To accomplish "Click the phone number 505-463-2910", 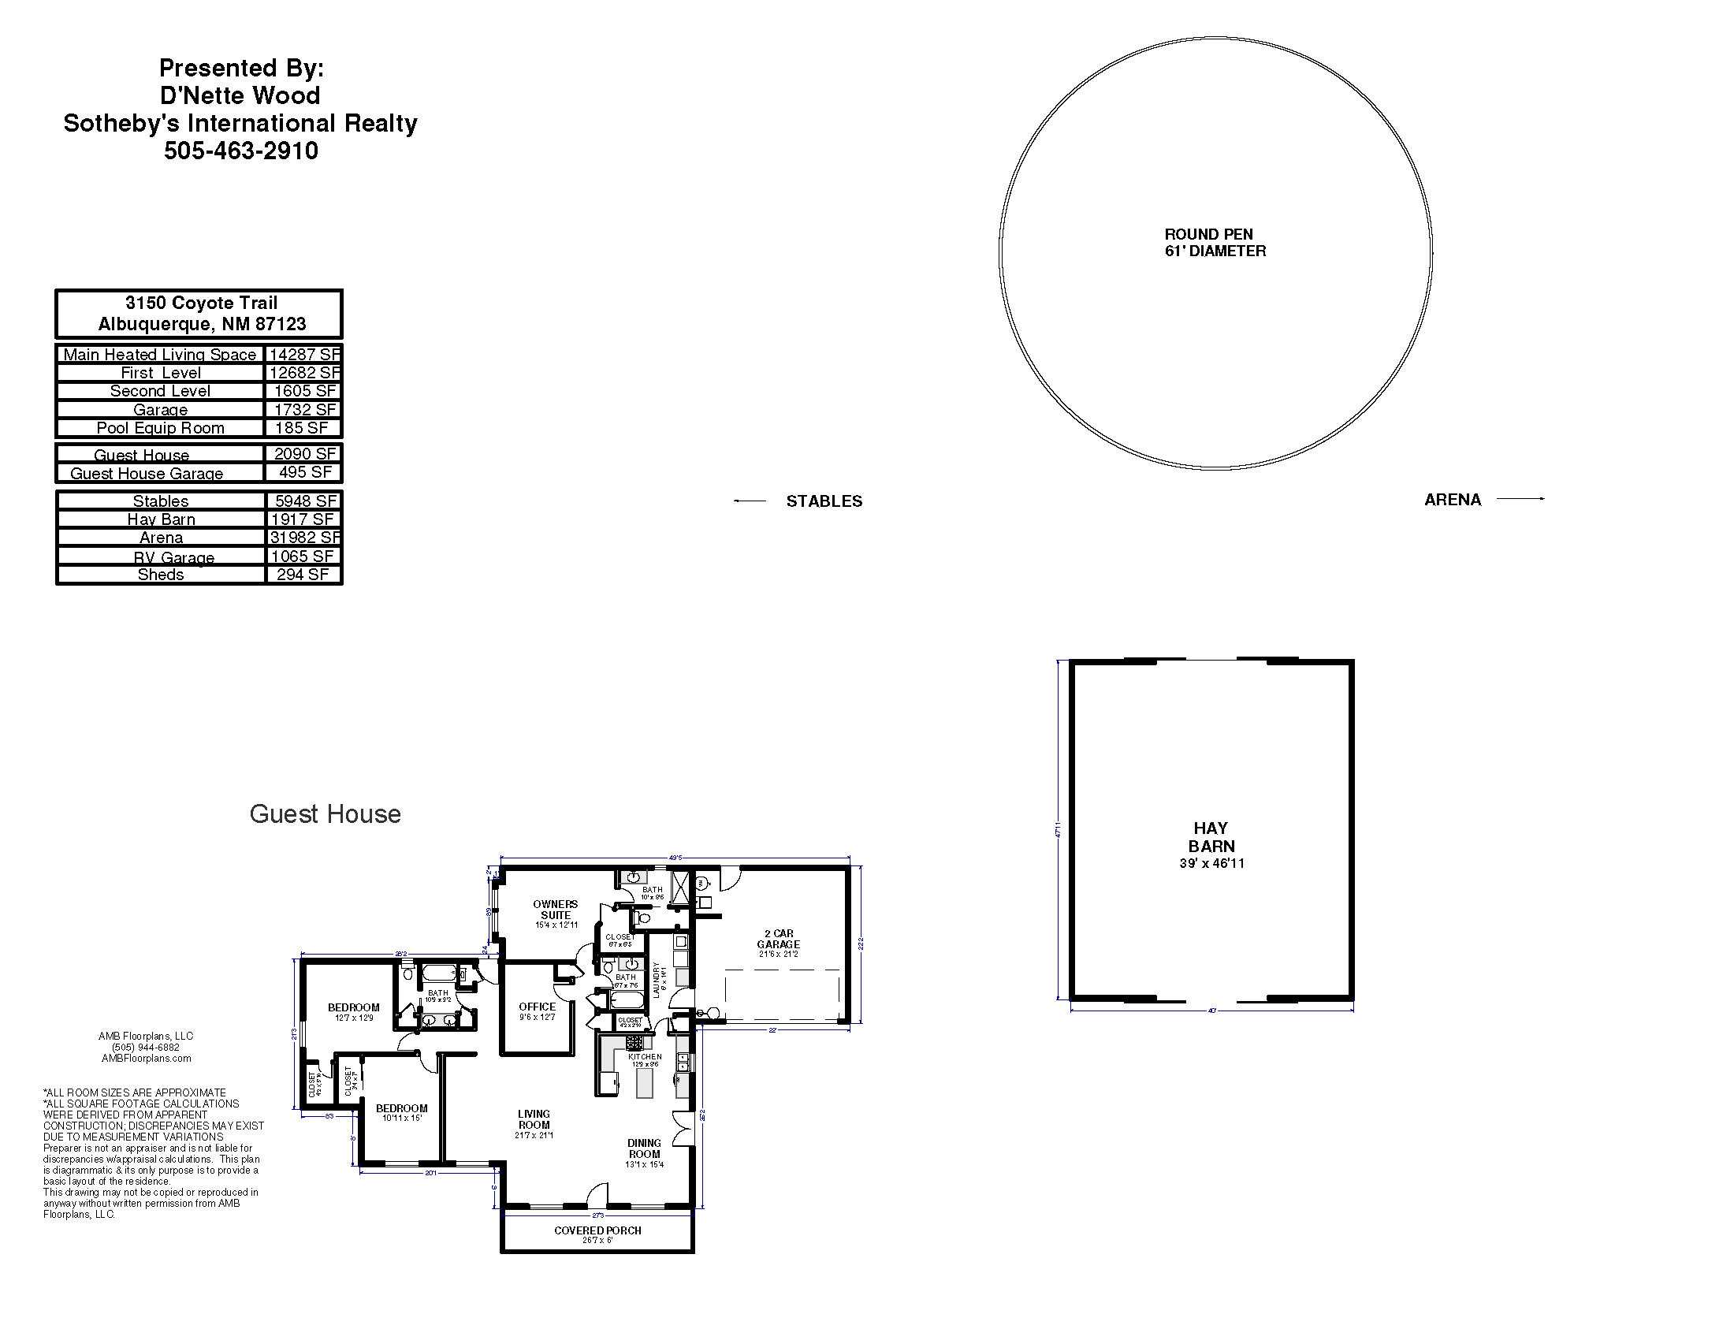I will point(240,151).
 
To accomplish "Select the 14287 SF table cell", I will point(303,354).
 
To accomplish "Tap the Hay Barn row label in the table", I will point(160,519).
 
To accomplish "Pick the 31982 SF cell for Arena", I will point(303,538).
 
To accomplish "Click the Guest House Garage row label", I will point(147,473).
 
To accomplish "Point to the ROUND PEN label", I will point(1208,235).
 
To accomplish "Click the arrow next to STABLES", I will point(750,501).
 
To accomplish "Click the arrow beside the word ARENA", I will point(1520,498).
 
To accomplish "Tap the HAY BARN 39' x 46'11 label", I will point(1211,846).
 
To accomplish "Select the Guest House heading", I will point(325,813).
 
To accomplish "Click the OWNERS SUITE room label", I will point(556,910).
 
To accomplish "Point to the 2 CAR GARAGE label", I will point(778,939).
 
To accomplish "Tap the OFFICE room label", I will point(538,1007).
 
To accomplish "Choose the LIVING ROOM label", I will point(534,1119).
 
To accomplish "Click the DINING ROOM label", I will point(644,1148).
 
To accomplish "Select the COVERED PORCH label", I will point(598,1230).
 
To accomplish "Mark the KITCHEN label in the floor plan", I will point(645,1057).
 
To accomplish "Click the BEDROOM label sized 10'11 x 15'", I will point(402,1108).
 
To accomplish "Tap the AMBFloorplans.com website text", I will point(146,1058).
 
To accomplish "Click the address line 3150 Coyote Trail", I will point(202,303).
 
